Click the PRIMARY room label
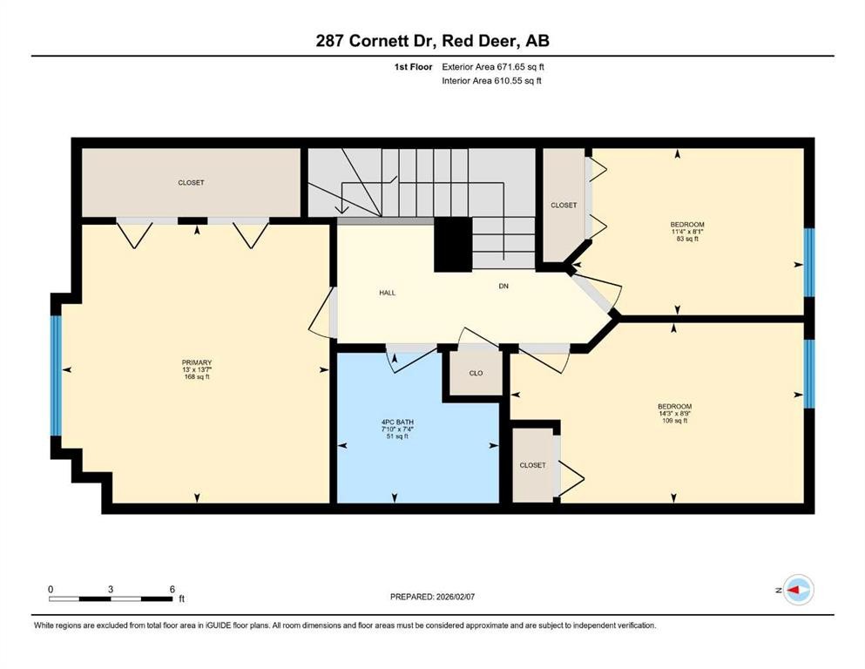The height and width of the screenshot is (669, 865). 197,363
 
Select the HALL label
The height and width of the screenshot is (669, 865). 388,293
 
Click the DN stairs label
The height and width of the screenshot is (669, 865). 503,286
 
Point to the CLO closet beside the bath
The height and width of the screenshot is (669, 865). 476,373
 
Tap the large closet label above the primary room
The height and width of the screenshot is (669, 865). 191,183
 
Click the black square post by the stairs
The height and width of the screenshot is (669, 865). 452,244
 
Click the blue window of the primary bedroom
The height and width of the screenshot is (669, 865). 57,375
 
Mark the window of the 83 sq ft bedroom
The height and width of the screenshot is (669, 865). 809,262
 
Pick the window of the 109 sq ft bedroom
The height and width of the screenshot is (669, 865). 809,374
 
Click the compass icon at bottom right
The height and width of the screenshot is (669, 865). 797,591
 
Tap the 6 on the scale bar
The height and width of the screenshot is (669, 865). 172,589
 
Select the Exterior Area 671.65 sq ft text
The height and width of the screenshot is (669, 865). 495,66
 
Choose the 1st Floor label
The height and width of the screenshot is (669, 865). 411,66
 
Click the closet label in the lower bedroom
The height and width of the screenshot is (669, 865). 532,465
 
